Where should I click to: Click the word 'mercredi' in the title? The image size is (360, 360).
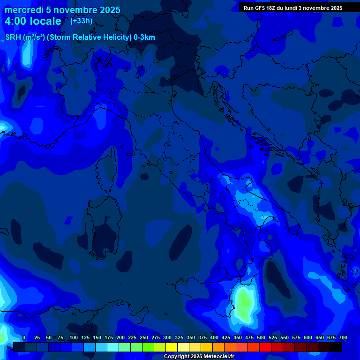(24, 10)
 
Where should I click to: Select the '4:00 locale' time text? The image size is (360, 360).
(33, 21)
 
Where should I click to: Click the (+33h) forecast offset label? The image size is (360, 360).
(81, 21)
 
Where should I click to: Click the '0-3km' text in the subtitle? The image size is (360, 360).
(144, 37)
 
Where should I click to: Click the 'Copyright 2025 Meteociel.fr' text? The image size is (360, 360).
(199, 357)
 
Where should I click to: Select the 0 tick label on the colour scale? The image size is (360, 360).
(24, 337)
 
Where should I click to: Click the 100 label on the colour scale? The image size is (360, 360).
(73, 337)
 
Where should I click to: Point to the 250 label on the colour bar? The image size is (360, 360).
(143, 337)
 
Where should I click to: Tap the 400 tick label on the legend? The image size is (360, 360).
(214, 337)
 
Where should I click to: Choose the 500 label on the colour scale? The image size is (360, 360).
(261, 337)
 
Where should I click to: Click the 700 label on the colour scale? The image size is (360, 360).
(343, 337)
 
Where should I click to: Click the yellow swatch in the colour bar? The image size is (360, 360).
(172, 347)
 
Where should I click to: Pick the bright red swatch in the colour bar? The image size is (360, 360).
(265, 347)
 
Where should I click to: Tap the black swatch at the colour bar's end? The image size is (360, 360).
(336, 347)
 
